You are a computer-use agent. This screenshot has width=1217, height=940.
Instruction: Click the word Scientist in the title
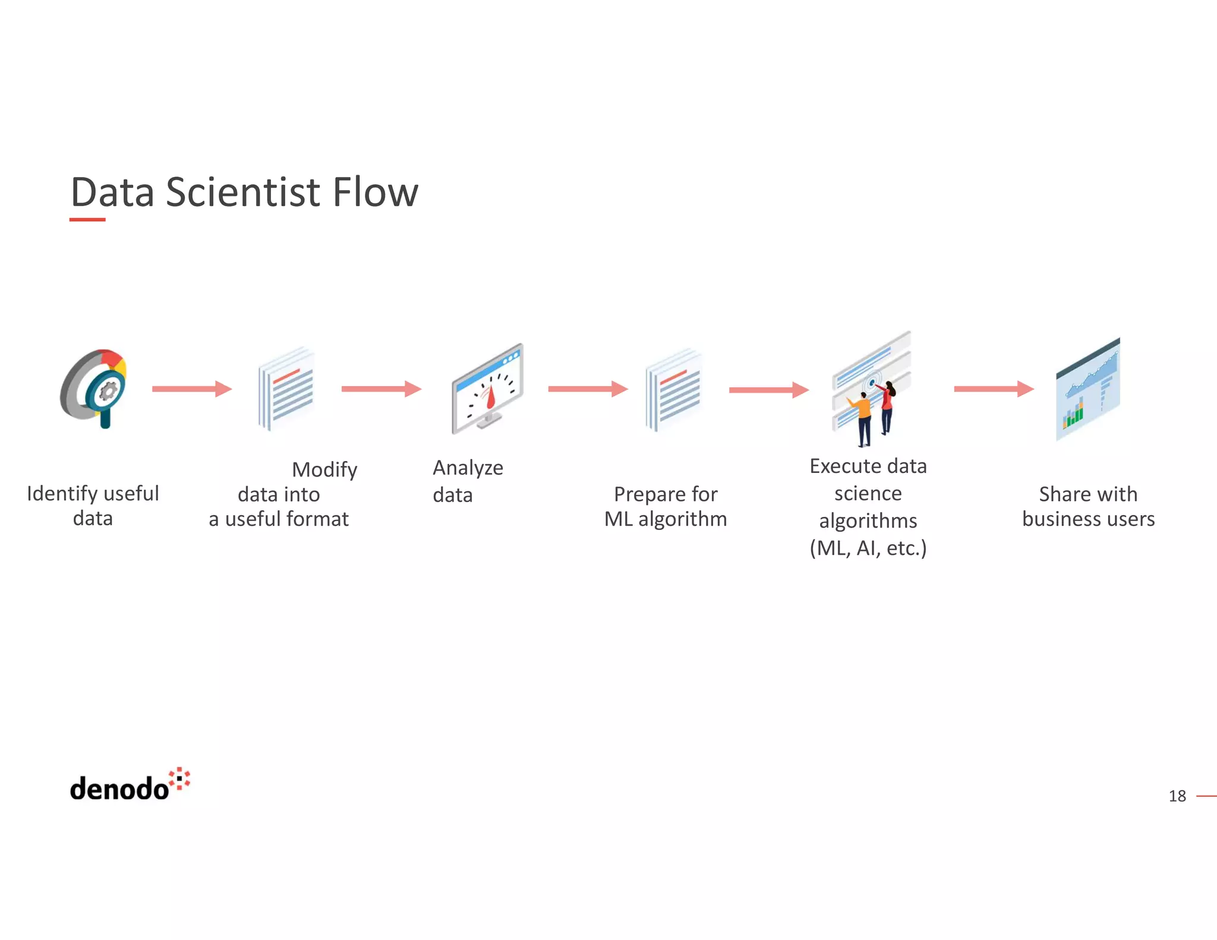point(242,193)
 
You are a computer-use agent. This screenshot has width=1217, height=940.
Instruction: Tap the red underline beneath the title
point(87,220)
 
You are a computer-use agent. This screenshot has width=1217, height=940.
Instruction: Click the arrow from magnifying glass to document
point(191,389)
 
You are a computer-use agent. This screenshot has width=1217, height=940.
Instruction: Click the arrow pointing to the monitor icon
point(381,389)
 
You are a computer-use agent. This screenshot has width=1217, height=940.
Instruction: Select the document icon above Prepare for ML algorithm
point(674,389)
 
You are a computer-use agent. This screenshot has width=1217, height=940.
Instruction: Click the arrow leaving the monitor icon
point(587,389)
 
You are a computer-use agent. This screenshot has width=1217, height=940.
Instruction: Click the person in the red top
point(887,407)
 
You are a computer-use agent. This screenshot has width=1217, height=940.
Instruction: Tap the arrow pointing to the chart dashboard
point(994,389)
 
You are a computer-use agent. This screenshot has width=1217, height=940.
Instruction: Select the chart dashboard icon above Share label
point(1087,389)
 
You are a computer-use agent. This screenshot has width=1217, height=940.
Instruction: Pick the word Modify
point(324,470)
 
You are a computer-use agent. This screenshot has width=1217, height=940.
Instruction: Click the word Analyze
point(468,468)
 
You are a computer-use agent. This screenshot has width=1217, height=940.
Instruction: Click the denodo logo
point(129,786)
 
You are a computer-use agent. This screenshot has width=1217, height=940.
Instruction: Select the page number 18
point(1177,796)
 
